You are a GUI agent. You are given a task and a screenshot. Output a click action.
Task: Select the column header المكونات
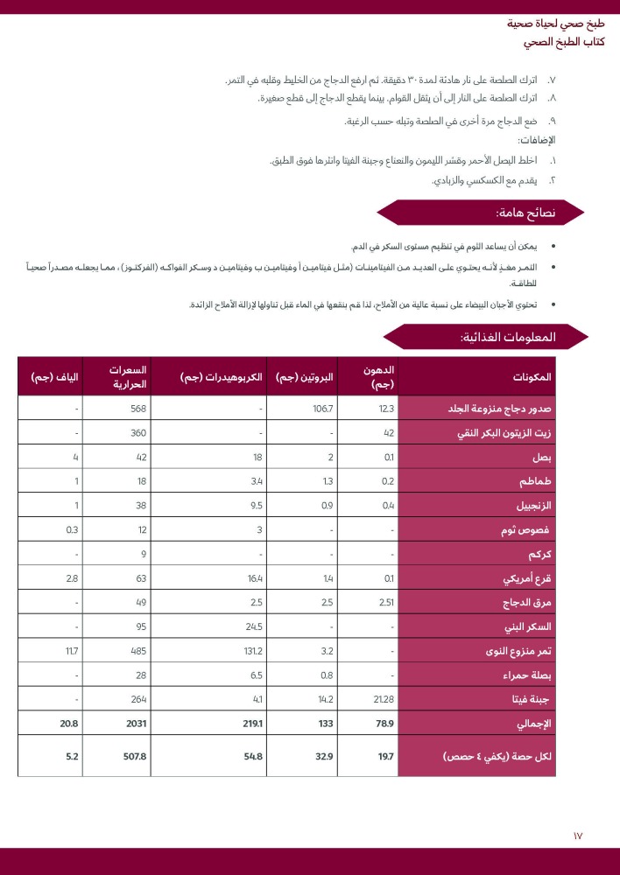(532, 377)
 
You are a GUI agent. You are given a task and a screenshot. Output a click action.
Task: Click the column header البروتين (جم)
(305, 377)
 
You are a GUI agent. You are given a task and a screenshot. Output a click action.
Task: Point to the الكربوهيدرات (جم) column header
(222, 377)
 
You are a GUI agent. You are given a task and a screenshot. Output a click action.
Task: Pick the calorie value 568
(137, 409)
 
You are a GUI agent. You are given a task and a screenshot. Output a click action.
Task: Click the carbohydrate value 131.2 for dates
(252, 651)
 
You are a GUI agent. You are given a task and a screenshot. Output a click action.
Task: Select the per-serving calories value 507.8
(134, 756)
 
